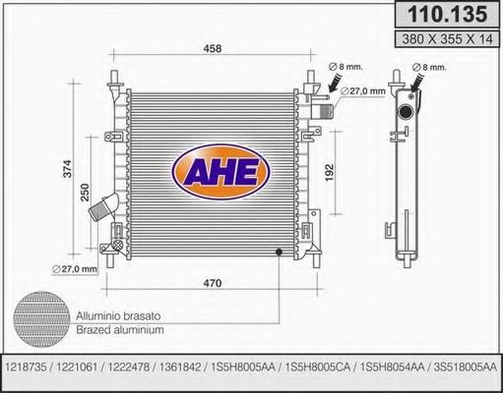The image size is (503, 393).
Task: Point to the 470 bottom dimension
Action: (x=210, y=283)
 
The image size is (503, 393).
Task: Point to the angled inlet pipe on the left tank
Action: (x=104, y=208)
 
